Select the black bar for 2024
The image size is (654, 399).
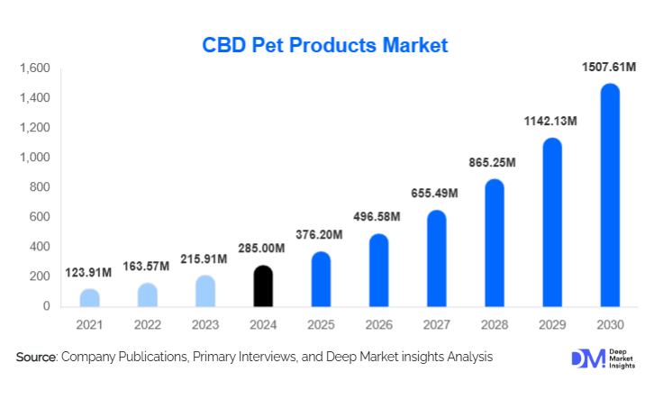262,286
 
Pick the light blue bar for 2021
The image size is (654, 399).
89,298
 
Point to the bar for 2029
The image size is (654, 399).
552,222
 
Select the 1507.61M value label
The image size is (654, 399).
609,67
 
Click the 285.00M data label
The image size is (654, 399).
262,249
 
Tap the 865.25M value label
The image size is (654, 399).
494,162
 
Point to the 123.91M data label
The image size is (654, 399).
89,272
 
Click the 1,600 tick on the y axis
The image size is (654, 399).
34,68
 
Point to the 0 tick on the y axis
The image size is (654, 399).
47,306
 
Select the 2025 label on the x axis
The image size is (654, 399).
321,324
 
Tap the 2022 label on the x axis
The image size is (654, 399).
147,324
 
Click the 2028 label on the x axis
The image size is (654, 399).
494,324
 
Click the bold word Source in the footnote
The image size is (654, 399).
36,358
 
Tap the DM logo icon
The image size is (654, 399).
585,358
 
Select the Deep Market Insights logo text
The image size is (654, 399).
622,358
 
